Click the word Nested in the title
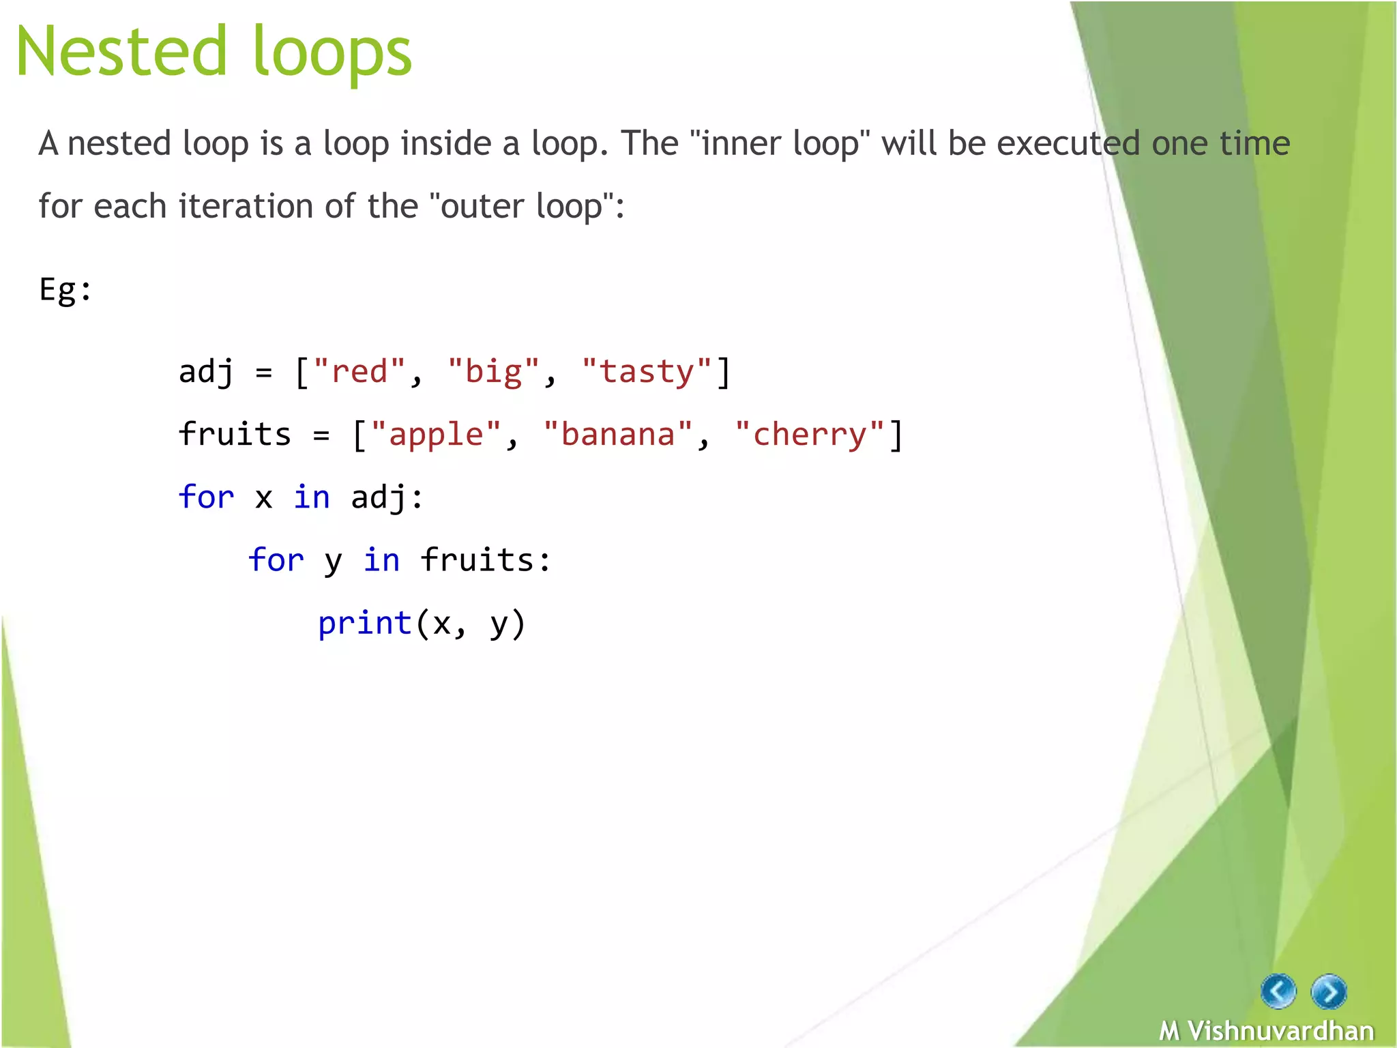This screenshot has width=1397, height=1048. click(121, 51)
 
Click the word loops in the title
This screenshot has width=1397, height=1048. click(332, 55)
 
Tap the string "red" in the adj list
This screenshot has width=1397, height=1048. click(359, 372)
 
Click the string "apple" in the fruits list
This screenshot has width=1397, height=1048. click(436, 435)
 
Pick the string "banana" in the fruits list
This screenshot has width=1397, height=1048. click(618, 435)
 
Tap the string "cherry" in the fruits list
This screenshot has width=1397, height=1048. click(810, 435)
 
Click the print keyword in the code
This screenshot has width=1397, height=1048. click(365, 624)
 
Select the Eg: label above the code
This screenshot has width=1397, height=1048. click(65, 290)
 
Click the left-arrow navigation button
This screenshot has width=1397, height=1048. click(1278, 991)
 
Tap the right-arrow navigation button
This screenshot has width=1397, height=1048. click(1329, 991)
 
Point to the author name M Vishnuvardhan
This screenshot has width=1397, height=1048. click(1267, 1030)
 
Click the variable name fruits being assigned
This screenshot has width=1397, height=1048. click(235, 435)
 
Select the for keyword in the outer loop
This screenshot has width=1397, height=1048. click(206, 497)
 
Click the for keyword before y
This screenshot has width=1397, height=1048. click(276, 560)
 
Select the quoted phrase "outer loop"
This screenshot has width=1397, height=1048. click(522, 206)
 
